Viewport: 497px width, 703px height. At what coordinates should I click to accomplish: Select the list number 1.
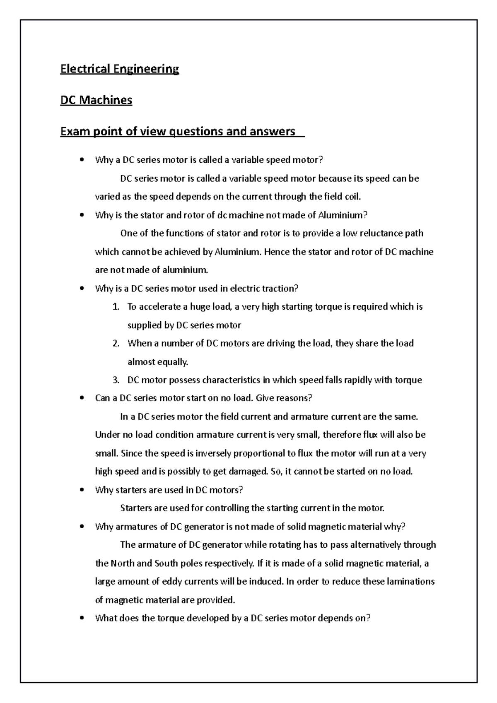click(x=116, y=307)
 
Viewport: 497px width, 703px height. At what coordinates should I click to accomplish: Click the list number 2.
click(x=116, y=343)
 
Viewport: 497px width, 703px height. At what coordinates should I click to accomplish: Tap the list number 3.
click(x=116, y=380)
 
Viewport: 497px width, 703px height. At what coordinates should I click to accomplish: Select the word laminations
click(x=410, y=581)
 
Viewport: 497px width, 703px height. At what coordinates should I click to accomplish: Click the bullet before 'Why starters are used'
click(x=83, y=490)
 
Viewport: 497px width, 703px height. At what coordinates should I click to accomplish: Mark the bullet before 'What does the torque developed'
click(x=83, y=618)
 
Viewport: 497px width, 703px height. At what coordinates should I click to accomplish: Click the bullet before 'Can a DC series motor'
click(x=83, y=398)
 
